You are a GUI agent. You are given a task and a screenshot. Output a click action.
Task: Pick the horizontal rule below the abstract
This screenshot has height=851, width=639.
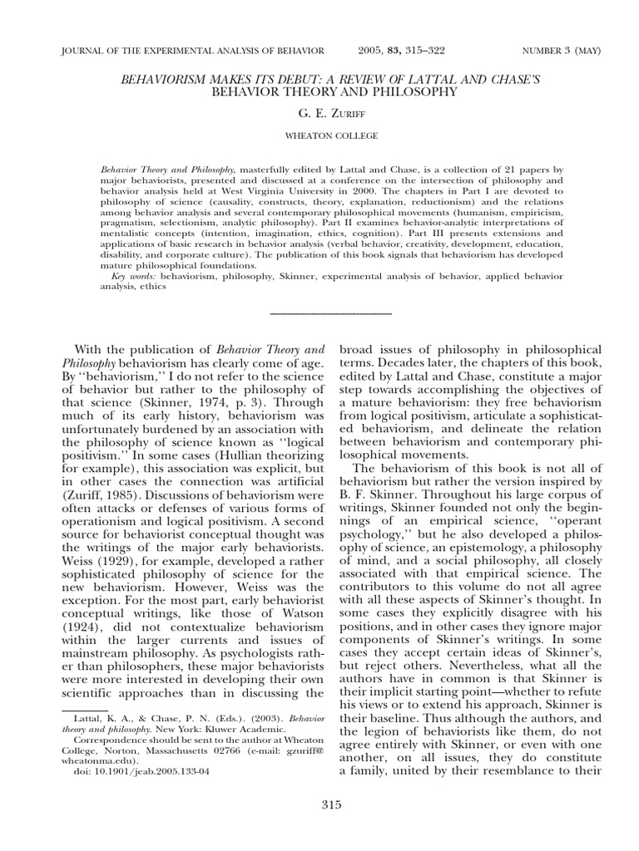coord(332,313)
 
